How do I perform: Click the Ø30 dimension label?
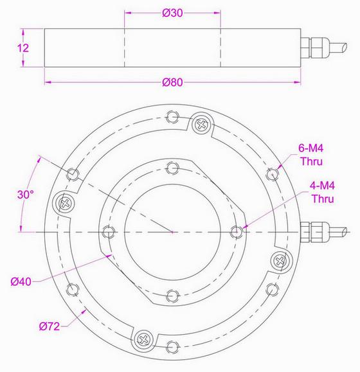172,13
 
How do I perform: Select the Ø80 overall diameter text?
172,82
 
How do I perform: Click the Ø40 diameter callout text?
22,280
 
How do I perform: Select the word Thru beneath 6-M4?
311,161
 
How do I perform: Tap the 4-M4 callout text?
322,186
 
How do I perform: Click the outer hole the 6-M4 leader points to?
273,173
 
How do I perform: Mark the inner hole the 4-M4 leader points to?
236,231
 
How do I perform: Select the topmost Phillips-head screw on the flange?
201,123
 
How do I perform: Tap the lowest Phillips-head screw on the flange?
143,338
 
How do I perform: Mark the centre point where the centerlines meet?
172,231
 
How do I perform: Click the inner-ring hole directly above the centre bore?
171,168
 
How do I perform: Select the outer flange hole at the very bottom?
172,348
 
